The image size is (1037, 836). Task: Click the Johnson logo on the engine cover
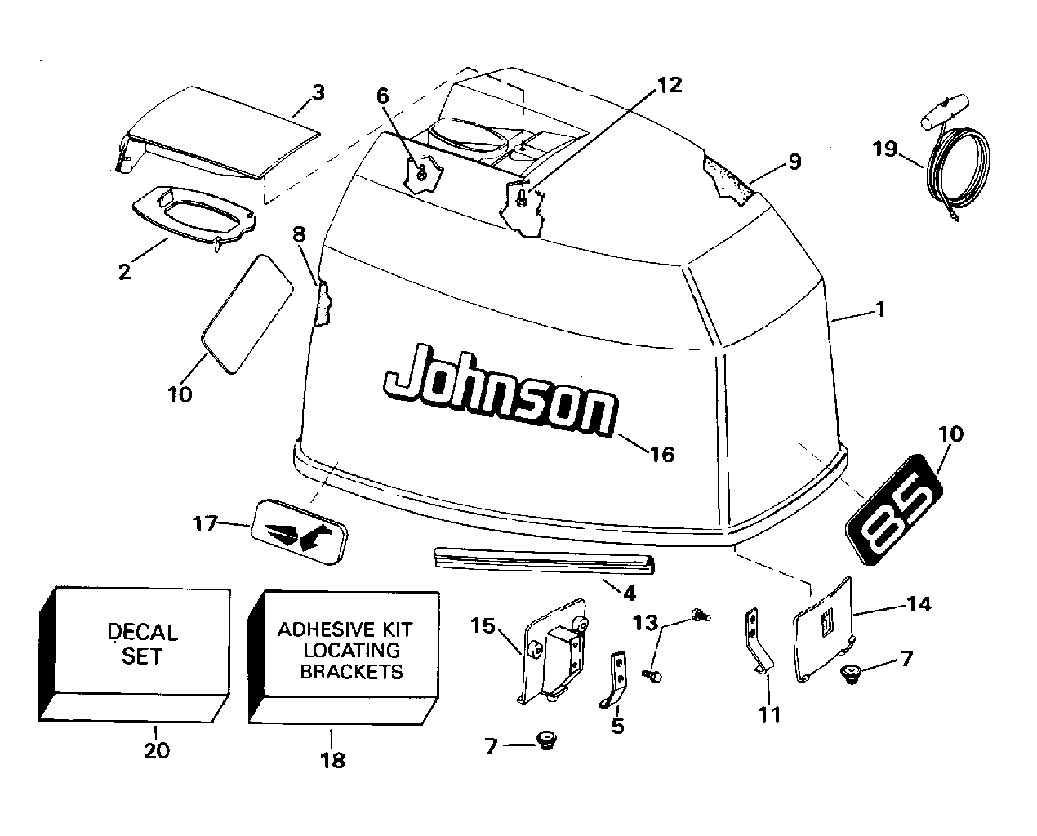point(498,390)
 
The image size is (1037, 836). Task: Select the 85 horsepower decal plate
point(892,515)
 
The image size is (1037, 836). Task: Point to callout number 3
point(318,92)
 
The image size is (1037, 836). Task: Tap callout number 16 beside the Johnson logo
point(663,454)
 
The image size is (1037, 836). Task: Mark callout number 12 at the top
point(670,85)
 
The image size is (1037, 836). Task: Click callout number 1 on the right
point(879,310)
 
